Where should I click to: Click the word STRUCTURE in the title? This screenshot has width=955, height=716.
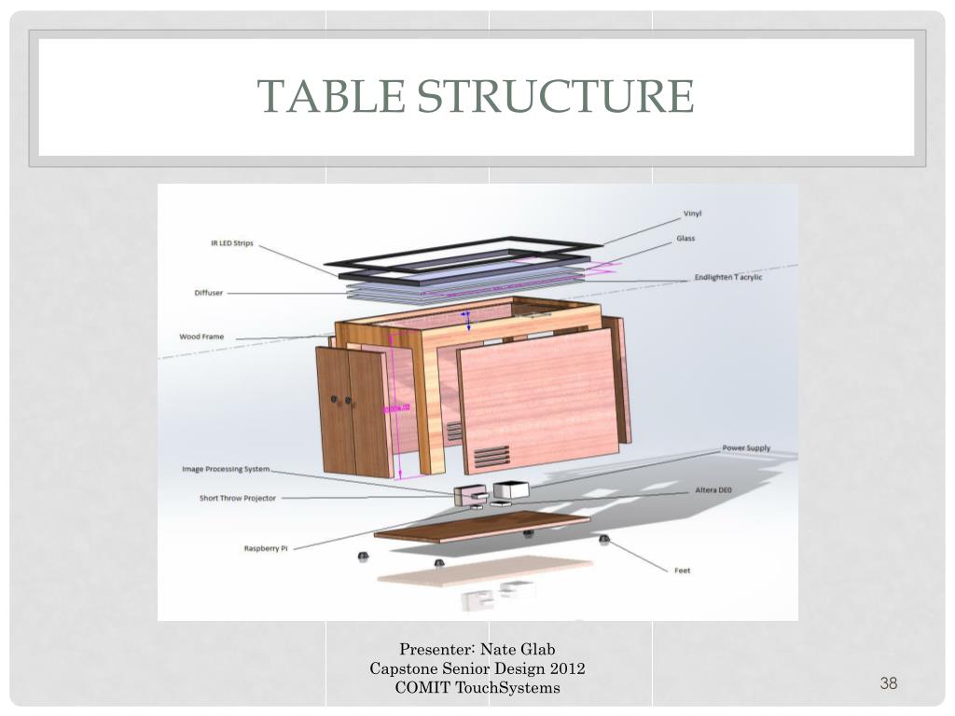(x=554, y=96)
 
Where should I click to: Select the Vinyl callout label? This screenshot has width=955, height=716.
(x=693, y=215)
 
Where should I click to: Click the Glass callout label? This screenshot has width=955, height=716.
(x=685, y=239)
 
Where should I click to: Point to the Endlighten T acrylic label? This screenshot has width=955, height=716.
(x=728, y=278)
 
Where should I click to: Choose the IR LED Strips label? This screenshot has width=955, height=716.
(x=231, y=244)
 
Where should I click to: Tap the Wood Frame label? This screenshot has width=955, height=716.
(x=203, y=337)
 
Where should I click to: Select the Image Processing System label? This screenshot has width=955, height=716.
(x=226, y=469)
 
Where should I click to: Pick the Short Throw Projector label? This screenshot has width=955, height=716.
(x=238, y=498)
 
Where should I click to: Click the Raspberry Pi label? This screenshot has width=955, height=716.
(x=266, y=548)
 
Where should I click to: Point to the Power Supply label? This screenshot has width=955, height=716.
(x=746, y=448)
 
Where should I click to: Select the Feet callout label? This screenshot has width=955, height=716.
(x=683, y=570)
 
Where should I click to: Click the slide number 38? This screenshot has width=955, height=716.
(x=888, y=684)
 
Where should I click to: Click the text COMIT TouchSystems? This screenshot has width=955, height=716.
(x=477, y=688)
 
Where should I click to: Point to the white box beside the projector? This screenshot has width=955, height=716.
(x=510, y=489)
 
